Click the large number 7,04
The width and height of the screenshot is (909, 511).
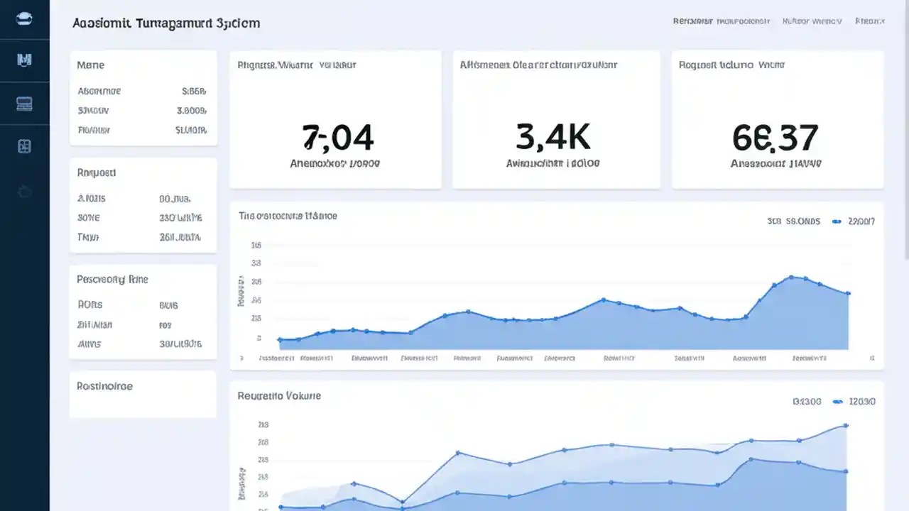coord(337,138)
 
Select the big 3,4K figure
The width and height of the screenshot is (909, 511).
coord(553,138)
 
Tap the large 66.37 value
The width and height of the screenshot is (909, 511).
coord(775,138)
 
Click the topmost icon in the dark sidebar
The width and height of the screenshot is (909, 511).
coord(24,19)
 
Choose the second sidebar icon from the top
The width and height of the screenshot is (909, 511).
coord(24,60)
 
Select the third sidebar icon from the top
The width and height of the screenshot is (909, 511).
coord(24,104)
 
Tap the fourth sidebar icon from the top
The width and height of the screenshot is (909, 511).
coord(24,146)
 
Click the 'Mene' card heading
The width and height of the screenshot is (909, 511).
coord(90,65)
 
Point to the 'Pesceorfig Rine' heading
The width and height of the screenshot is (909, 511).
coord(112,280)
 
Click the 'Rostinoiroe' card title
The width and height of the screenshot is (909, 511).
coord(104,387)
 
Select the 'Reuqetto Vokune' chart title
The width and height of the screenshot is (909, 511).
coord(279,395)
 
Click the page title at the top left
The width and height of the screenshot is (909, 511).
coord(165,23)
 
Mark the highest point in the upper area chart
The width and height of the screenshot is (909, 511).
coord(790,278)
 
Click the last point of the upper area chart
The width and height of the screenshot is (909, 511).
coord(848,293)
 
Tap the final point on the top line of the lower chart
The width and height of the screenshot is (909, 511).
coord(846,426)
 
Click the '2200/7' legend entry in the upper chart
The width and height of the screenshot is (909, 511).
coord(861,221)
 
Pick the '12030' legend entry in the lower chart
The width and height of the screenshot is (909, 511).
coord(861,402)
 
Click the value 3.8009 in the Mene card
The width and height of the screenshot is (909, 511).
coord(190,111)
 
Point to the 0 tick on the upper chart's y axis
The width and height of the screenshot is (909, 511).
coord(258,339)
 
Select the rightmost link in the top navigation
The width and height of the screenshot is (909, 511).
coord(869,21)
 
